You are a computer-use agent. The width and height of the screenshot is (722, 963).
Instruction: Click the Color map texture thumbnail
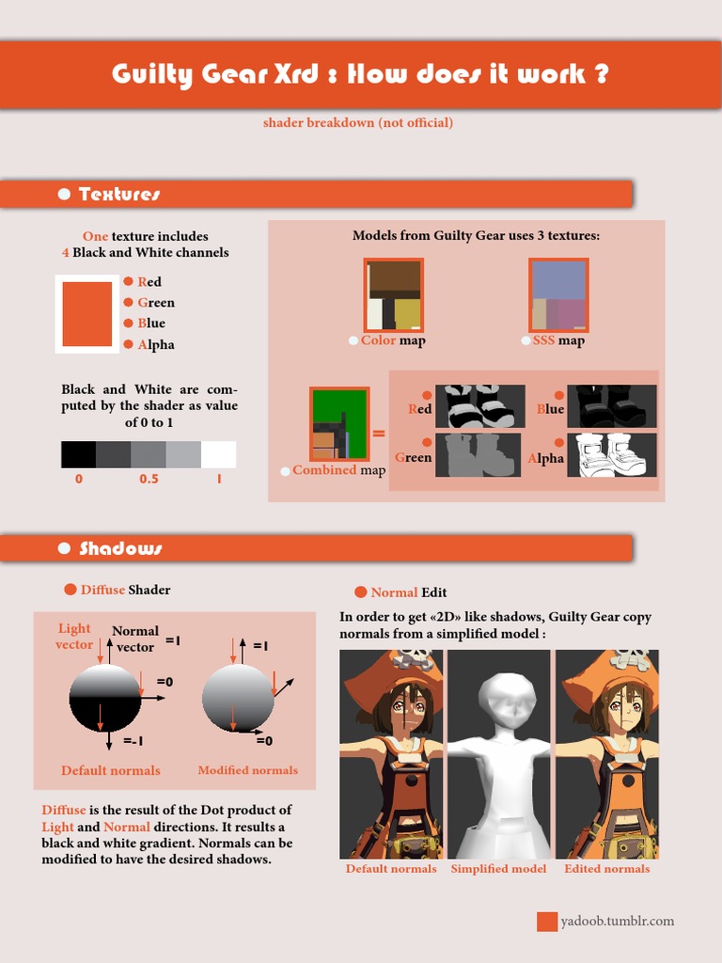click(x=394, y=295)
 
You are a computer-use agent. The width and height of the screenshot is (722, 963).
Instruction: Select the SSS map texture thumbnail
click(x=558, y=295)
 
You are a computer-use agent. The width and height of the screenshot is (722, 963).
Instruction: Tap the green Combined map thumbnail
click(x=339, y=423)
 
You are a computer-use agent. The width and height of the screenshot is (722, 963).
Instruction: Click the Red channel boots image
click(x=479, y=406)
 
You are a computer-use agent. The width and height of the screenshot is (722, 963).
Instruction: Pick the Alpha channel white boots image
click(x=611, y=455)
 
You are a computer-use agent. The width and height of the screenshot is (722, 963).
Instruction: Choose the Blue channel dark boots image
click(x=611, y=406)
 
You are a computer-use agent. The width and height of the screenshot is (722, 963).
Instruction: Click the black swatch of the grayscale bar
click(x=78, y=454)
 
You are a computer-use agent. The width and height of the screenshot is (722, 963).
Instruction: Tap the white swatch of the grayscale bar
click(x=218, y=454)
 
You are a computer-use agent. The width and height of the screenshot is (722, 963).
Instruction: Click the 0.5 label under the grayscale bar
click(x=149, y=479)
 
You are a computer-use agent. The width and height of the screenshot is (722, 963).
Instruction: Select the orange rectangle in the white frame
click(x=86, y=314)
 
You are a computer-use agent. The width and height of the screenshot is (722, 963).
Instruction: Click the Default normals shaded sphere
click(x=105, y=697)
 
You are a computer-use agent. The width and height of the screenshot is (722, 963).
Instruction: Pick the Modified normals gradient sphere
click(x=238, y=699)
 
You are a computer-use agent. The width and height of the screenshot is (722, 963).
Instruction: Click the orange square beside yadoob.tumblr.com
click(x=547, y=922)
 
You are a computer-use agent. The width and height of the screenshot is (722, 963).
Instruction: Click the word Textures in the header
click(x=119, y=194)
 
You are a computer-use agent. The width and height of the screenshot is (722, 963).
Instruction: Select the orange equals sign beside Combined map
click(x=379, y=434)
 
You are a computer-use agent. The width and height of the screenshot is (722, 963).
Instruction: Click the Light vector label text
click(x=74, y=637)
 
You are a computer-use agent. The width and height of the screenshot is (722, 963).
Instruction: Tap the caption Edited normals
click(x=606, y=869)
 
